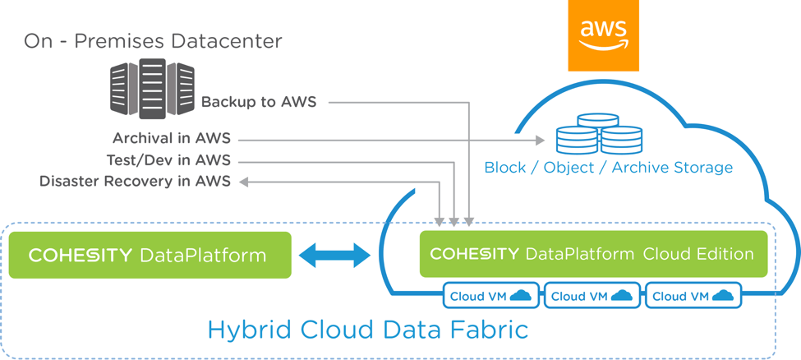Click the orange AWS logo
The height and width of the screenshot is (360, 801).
click(603, 35)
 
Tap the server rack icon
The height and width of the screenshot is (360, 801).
click(152, 89)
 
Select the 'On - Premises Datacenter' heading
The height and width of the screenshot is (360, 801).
click(153, 41)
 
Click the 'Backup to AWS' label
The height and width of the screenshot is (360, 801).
click(259, 102)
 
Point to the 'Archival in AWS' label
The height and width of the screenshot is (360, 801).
click(172, 138)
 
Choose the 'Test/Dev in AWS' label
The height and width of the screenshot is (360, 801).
click(168, 161)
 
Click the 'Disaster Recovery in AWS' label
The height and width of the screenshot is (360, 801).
click(135, 182)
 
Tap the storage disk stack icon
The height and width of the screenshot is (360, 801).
click(599, 133)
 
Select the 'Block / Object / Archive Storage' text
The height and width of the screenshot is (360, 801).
click(609, 168)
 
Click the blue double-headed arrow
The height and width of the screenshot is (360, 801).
click(334, 255)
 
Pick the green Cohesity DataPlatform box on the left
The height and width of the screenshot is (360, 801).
click(150, 255)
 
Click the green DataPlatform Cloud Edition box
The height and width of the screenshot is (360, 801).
click(594, 254)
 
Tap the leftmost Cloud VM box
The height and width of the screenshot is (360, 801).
click(490, 296)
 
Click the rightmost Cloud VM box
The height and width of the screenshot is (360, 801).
click(693, 296)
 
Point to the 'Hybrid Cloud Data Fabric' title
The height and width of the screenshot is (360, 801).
click(368, 330)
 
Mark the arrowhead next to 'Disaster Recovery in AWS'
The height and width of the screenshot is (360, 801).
click(244, 182)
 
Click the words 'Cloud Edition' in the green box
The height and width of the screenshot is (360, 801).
click(698, 254)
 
